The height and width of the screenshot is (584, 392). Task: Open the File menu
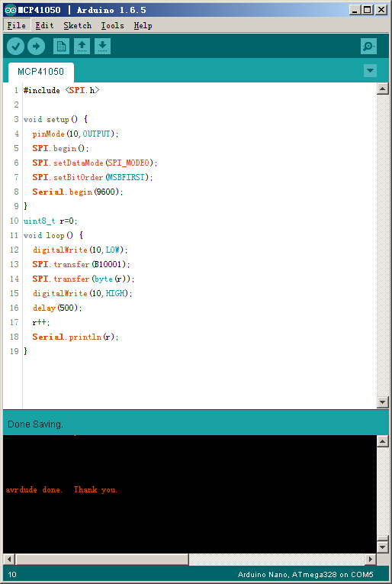(16, 26)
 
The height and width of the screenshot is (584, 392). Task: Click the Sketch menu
(77, 26)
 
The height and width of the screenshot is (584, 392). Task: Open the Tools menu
(112, 26)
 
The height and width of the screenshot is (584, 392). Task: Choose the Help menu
(143, 26)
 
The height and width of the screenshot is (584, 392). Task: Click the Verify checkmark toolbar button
(15, 47)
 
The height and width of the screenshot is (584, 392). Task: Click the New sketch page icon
(61, 47)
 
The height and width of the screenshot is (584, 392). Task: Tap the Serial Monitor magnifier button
(368, 47)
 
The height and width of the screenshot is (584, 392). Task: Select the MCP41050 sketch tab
(40, 72)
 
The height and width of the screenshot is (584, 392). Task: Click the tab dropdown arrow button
(370, 70)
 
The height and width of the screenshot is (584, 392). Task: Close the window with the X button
(381, 10)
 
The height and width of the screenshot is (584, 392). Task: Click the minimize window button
(355, 10)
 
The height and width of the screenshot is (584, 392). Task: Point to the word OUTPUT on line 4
(96, 134)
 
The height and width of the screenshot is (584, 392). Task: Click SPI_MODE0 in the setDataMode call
(129, 163)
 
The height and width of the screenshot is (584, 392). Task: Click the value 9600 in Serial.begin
(107, 192)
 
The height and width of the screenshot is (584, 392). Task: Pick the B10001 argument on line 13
(108, 264)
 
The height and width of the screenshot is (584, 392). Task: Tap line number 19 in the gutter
(14, 351)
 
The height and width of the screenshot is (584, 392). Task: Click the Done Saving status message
(35, 424)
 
